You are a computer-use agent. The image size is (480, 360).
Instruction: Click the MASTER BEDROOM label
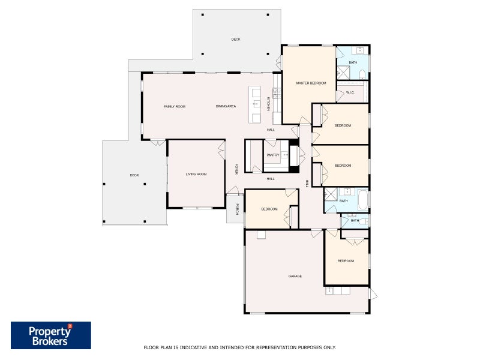click(x=311, y=83)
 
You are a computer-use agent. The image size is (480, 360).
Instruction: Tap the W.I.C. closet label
click(x=350, y=92)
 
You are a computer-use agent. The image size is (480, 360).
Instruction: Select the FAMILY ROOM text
click(x=175, y=106)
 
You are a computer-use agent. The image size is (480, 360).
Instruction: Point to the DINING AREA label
click(x=226, y=106)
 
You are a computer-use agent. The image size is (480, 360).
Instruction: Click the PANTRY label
click(x=273, y=155)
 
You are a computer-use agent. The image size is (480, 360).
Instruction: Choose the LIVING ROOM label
click(x=196, y=174)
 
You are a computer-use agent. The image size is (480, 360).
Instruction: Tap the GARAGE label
click(x=295, y=276)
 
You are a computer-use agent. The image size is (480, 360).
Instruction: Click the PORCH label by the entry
click(x=237, y=209)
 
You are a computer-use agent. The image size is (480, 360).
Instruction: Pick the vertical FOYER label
click(x=237, y=169)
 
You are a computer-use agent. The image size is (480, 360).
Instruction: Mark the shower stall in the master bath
click(x=343, y=73)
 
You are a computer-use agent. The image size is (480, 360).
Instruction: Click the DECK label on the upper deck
click(x=236, y=40)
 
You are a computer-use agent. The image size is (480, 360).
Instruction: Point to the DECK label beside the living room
click(x=134, y=175)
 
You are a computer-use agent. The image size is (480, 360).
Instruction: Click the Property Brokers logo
click(x=51, y=335)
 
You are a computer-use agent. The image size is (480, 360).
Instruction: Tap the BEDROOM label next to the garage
click(x=346, y=261)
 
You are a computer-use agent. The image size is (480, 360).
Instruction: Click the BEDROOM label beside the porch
click(x=269, y=209)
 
